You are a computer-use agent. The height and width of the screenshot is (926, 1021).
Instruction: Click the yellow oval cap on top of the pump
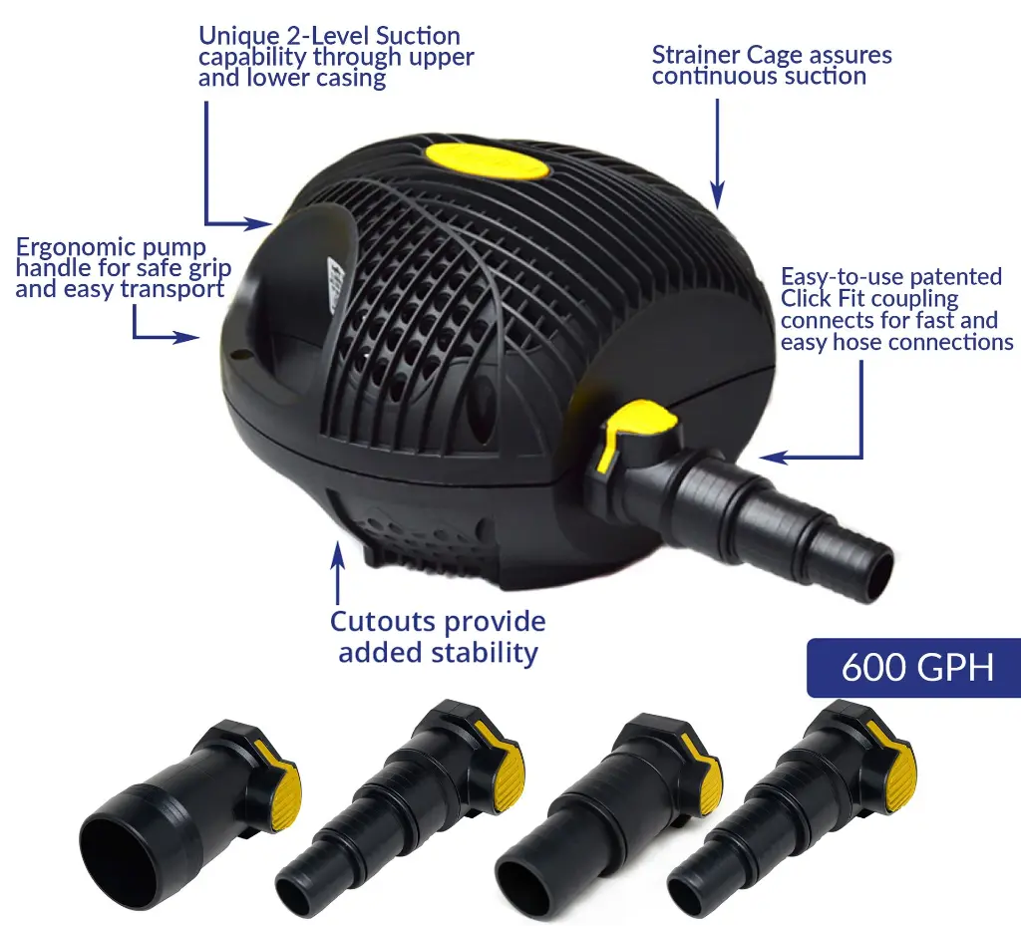click(487, 160)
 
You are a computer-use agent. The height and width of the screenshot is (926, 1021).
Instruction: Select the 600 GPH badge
click(914, 668)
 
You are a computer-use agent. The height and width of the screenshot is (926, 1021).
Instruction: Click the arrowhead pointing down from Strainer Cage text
click(717, 194)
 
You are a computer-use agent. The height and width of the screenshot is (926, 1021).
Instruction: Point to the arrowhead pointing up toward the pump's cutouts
click(337, 554)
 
